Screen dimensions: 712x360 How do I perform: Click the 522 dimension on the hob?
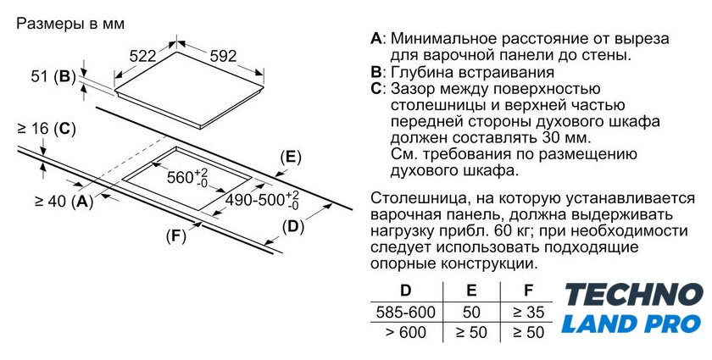point(142,56)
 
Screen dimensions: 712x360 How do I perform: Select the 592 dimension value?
point(224,56)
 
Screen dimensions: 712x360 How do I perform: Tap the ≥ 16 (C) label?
point(47,129)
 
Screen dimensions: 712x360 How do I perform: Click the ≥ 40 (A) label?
point(64,201)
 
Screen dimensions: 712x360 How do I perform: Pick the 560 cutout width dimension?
point(187,177)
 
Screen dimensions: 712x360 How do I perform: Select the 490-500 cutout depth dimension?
point(263,200)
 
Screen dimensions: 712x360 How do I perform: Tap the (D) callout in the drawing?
point(293,226)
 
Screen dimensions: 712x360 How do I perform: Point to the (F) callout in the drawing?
point(176,235)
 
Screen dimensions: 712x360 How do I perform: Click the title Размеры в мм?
point(70,24)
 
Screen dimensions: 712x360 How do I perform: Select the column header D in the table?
point(405,291)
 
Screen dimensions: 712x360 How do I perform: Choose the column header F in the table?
point(527,291)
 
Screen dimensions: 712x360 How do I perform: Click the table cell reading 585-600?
point(406,312)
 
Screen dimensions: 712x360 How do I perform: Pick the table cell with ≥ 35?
point(528,312)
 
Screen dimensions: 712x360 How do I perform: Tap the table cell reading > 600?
point(406,332)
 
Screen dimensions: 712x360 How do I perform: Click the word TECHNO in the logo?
point(634,294)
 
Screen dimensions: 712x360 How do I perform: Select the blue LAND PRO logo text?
point(631,324)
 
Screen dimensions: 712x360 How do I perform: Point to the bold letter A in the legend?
point(376,39)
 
